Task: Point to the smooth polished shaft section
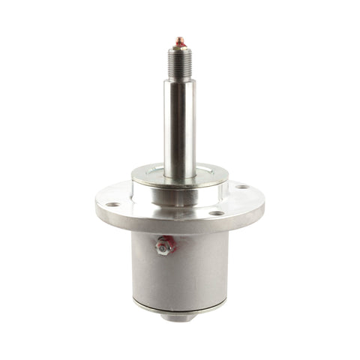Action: coord(179,120)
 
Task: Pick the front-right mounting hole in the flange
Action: coord(216,213)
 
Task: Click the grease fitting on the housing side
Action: coord(163,244)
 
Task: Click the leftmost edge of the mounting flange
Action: coord(97,201)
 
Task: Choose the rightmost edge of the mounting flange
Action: coord(263,196)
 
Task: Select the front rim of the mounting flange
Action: coord(180,226)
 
